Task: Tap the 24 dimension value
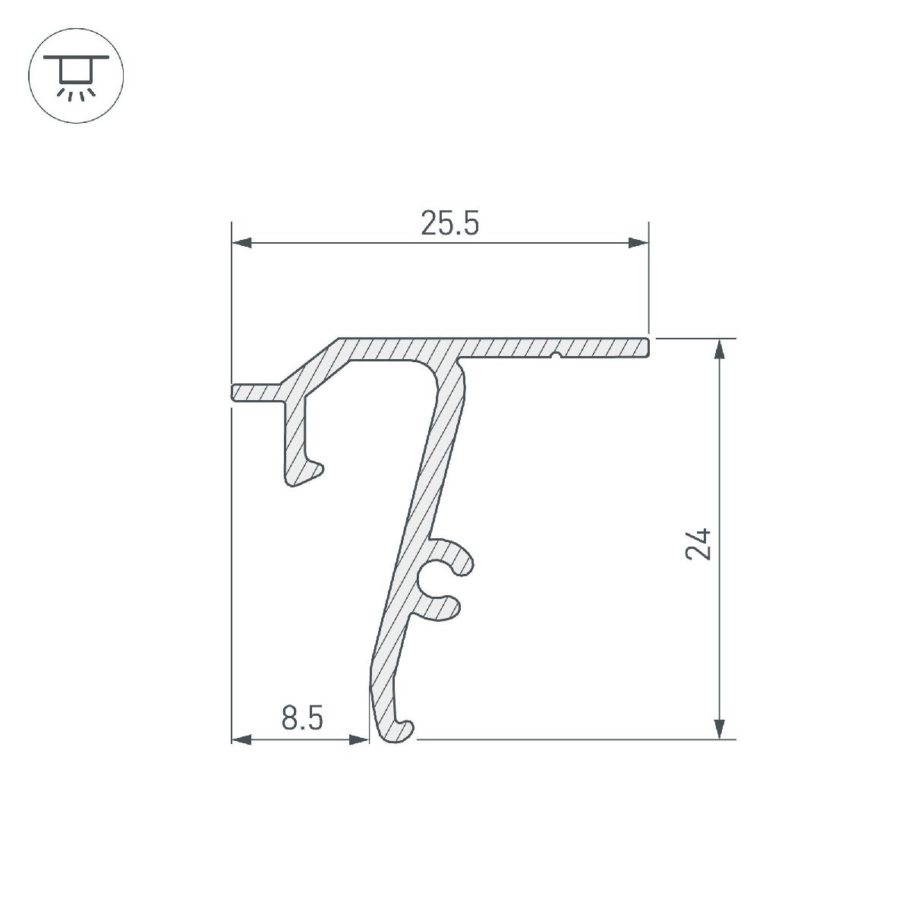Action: coord(698,543)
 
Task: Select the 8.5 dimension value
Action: coord(302,717)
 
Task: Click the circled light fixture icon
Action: coord(76,76)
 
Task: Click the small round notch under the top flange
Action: coord(556,355)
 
